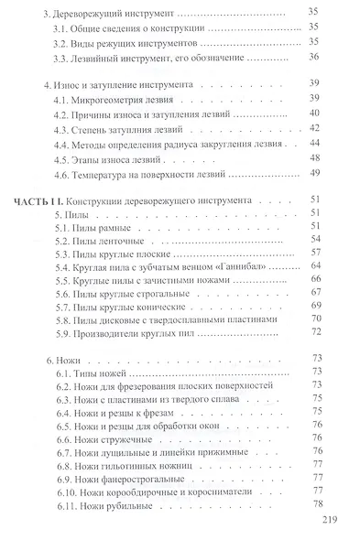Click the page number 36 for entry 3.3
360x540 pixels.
tap(314, 58)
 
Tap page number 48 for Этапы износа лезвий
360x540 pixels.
tap(314, 160)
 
